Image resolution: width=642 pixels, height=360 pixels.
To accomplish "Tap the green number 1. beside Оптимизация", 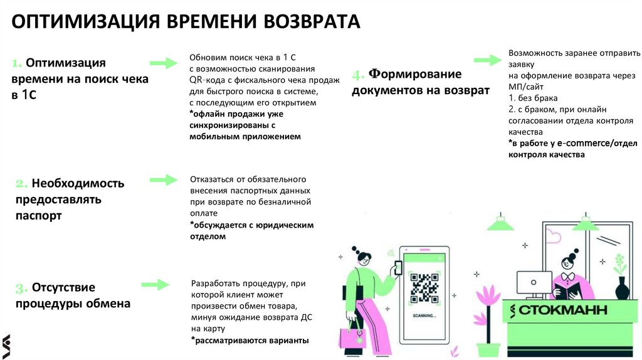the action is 17,63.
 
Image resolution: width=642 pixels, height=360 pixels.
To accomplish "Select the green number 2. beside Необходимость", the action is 21,184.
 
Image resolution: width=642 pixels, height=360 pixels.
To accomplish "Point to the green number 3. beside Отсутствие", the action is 21,289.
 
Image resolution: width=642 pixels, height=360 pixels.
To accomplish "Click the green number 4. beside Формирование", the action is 358,76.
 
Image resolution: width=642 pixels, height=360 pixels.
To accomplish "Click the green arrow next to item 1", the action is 164,63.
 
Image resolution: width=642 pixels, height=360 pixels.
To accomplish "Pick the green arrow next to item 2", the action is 164,180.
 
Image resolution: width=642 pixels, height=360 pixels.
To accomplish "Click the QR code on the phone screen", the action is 424,287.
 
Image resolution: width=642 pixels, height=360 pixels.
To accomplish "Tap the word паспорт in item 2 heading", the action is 39,216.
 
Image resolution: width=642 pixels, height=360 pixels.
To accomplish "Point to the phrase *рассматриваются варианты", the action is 250,340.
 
